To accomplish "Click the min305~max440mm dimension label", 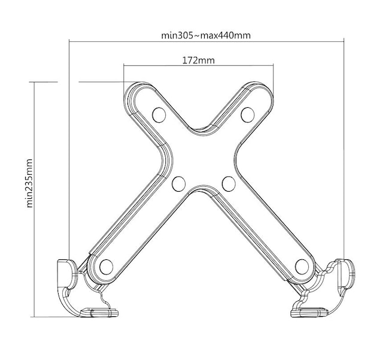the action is click(206, 36).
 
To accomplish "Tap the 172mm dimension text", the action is click(199, 60).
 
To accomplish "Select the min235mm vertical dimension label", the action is click(29, 183).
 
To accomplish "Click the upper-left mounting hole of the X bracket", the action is click(159, 114).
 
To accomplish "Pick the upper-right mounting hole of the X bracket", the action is click(247, 114).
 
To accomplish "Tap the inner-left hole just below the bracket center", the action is click(178, 184).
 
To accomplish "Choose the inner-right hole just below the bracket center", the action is click(229, 184).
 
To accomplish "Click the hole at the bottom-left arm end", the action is click(107, 267).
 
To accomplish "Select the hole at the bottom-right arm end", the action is click(302, 267).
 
